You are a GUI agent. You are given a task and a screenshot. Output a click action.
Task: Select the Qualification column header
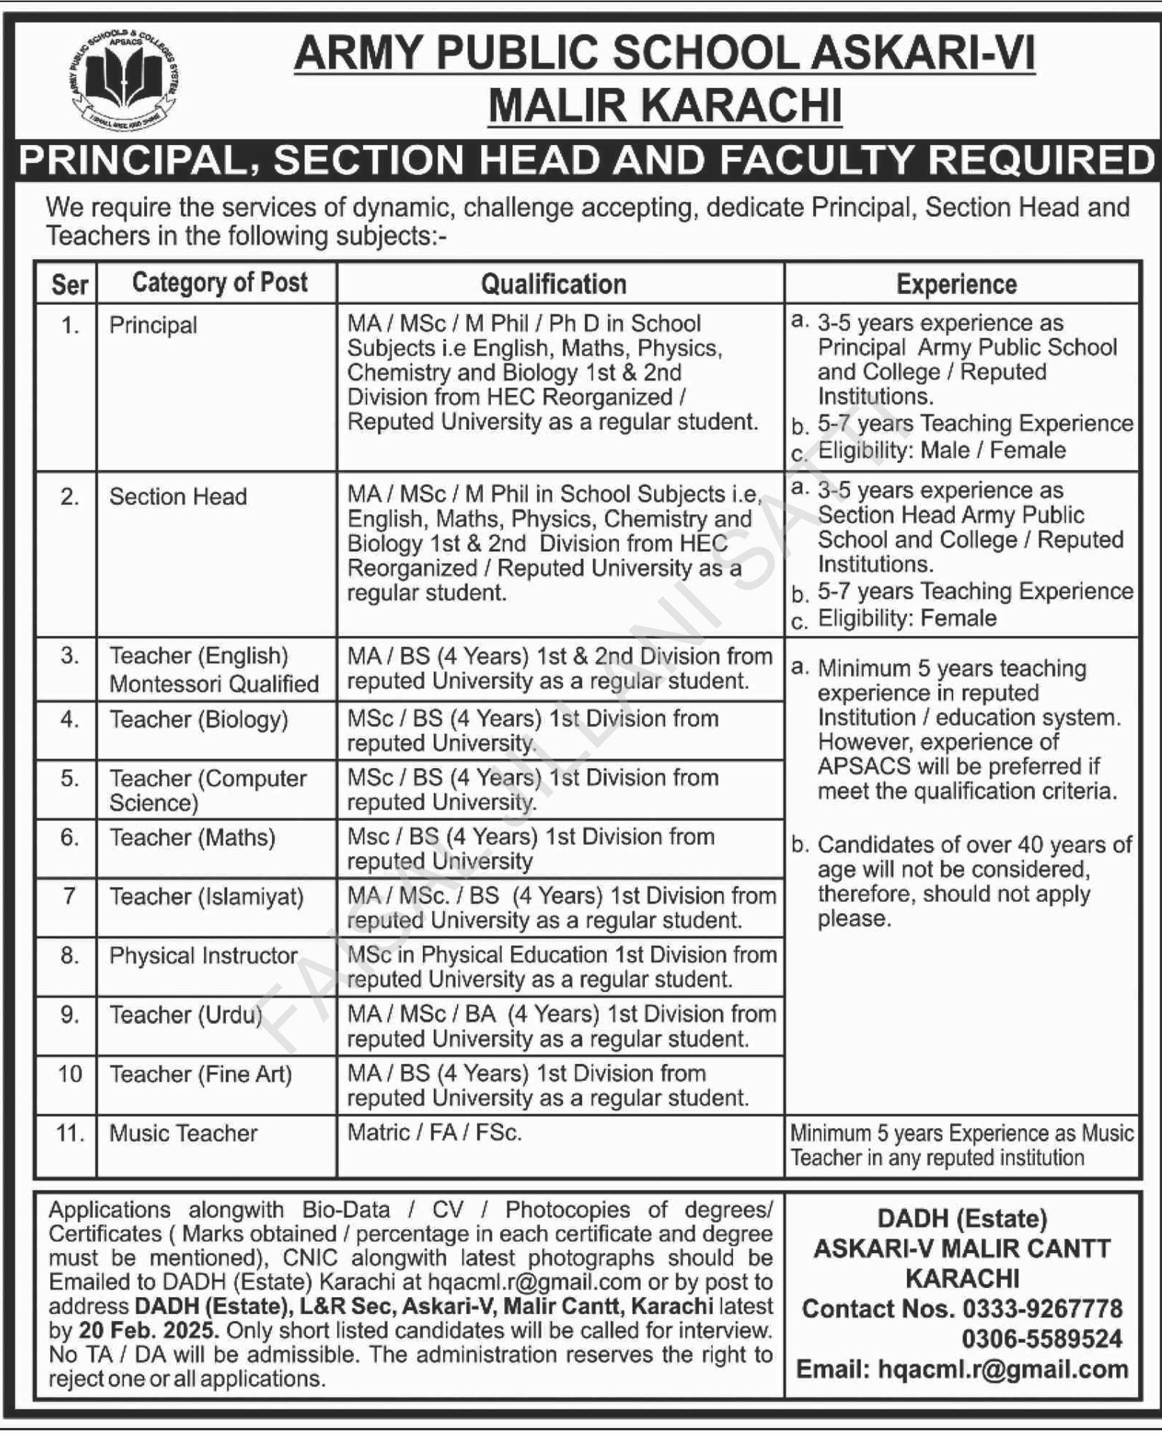[x=554, y=284]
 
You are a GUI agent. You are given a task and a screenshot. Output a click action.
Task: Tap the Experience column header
[x=956, y=284]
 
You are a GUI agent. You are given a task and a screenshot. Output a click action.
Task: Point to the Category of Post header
[x=220, y=283]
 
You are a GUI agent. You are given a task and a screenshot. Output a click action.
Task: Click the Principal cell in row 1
[x=153, y=326]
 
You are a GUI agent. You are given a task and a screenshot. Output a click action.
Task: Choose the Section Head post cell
[x=178, y=497]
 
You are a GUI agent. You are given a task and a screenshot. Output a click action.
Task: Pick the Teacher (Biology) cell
[x=198, y=720]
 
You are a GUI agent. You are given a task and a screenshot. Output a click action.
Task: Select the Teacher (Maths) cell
[x=192, y=838]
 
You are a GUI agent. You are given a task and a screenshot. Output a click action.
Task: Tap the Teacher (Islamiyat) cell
[x=206, y=897]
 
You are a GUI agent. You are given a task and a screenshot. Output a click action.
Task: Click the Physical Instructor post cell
[x=203, y=956]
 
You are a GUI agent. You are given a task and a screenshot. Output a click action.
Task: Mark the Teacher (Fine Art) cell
[x=201, y=1075]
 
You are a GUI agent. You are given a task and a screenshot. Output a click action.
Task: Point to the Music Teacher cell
[x=184, y=1133]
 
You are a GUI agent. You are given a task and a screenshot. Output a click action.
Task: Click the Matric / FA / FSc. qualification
[x=434, y=1133]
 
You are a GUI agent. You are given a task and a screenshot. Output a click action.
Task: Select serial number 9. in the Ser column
[x=69, y=1015]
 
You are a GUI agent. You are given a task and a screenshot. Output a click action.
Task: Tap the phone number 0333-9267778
[x=1042, y=1309]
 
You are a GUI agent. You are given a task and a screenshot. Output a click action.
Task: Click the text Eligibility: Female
[x=907, y=619]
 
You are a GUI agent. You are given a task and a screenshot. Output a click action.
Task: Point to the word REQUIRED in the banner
[x=1043, y=160]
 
